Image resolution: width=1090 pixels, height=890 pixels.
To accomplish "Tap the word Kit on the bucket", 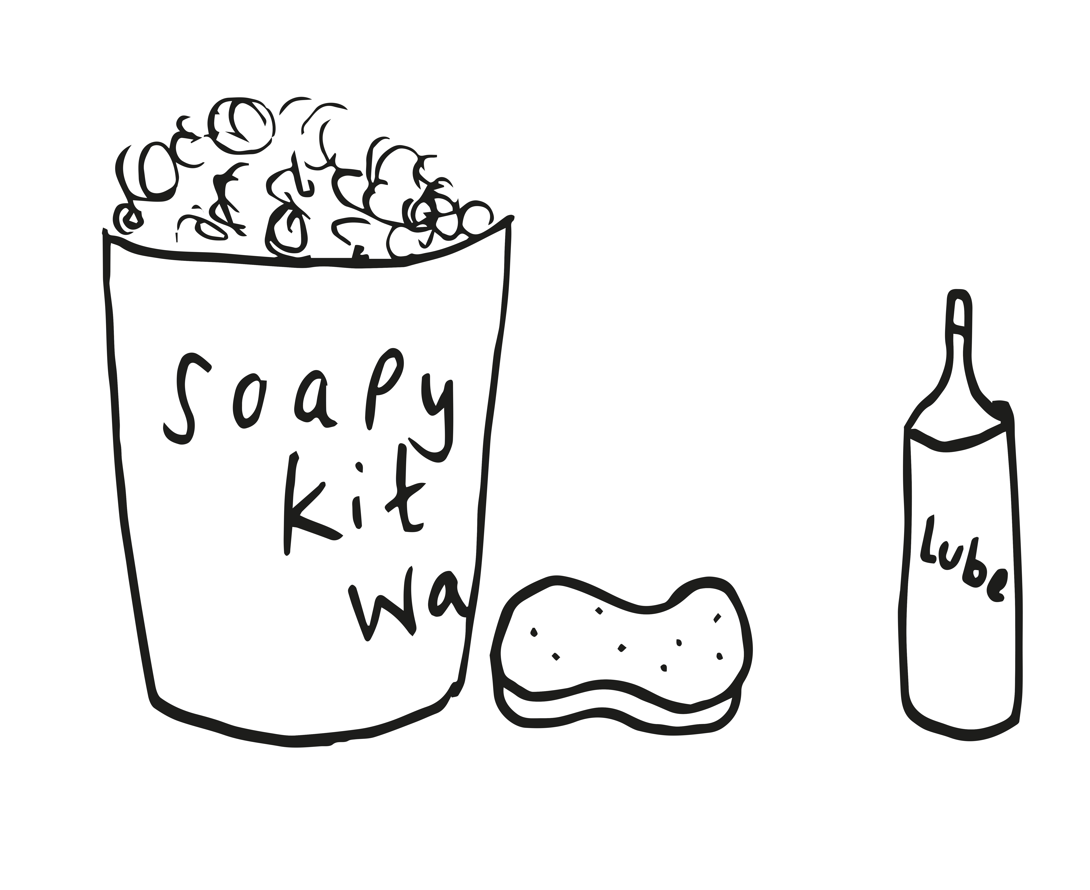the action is [354, 500].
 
